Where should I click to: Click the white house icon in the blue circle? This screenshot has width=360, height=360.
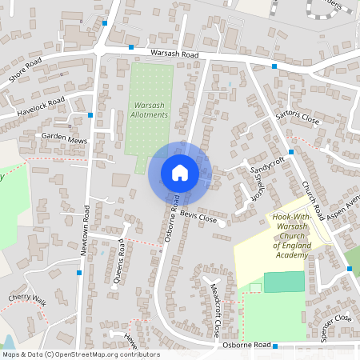[179, 172]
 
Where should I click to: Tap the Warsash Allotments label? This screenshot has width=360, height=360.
[150, 110]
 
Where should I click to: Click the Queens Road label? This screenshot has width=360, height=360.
[119, 261]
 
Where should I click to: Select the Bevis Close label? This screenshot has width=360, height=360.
[198, 216]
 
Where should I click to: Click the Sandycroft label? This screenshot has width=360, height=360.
[266, 165]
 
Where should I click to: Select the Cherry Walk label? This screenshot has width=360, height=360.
[27, 298]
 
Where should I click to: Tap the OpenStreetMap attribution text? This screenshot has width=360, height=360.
[80, 354]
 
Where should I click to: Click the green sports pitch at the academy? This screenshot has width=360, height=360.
[284, 282]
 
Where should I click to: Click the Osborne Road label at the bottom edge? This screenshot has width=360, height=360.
[248, 346]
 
